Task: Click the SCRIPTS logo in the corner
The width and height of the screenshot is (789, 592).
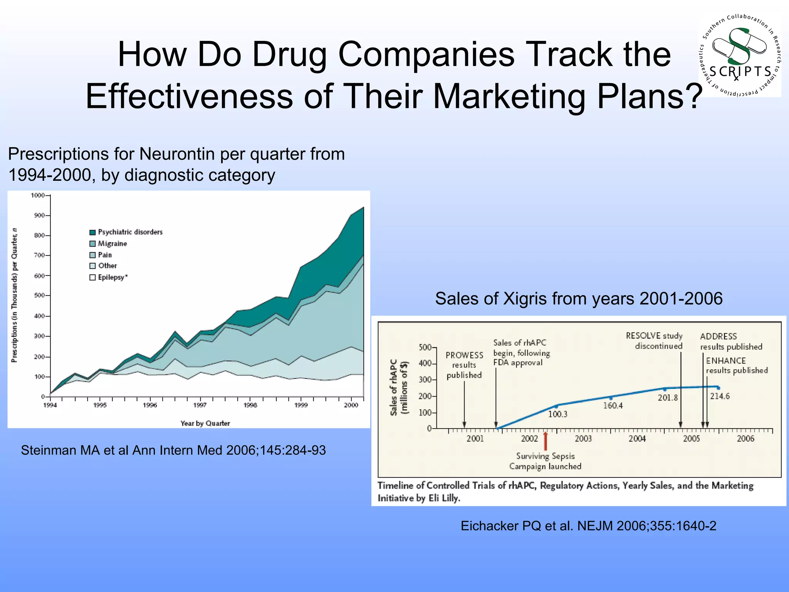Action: [x=740, y=56]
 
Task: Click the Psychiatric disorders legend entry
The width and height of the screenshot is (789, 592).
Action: [x=126, y=232]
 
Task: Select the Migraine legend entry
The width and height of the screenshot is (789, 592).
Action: [x=108, y=244]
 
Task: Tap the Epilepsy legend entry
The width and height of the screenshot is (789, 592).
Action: [x=109, y=277]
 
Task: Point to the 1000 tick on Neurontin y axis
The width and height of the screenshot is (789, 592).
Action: [x=38, y=195]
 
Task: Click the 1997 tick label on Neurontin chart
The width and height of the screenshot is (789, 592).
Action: [x=200, y=405]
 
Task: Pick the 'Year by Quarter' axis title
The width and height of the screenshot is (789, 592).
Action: [x=205, y=423]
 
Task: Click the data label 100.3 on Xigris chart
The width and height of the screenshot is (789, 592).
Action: [x=557, y=414]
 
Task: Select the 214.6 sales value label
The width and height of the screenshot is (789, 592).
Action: [x=720, y=396]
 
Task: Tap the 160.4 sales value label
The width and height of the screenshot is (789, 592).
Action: [x=613, y=405]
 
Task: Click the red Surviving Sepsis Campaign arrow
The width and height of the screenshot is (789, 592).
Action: [x=545, y=441]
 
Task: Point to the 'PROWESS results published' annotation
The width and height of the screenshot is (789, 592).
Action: [x=464, y=365]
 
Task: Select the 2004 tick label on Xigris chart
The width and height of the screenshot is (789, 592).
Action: [x=637, y=439]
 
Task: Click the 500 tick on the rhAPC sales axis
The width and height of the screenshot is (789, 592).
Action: [x=425, y=348]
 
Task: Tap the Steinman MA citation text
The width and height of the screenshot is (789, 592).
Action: [x=173, y=450]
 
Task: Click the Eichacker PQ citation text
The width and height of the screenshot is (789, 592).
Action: [x=588, y=526]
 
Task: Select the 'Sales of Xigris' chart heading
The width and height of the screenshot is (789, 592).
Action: [x=579, y=298]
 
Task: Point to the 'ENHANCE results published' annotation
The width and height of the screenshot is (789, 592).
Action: [x=736, y=365]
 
